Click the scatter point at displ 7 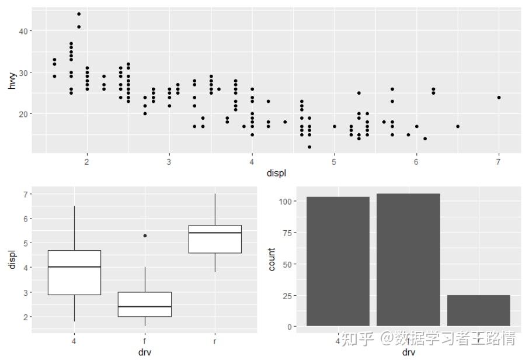[499, 98]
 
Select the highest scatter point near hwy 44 [79, 14]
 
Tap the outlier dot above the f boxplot [145, 236]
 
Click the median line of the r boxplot [215, 233]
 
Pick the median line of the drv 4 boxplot [74, 266]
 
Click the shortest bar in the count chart [479, 310]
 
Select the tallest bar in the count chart [408, 259]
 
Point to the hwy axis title [12, 81]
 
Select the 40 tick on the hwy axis [22, 31]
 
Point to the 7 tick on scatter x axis [499, 161]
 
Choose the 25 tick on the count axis [287, 295]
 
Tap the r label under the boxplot [215, 341]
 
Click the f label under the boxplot [145, 341]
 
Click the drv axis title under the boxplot [145, 352]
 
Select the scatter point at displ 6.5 [458, 126]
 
